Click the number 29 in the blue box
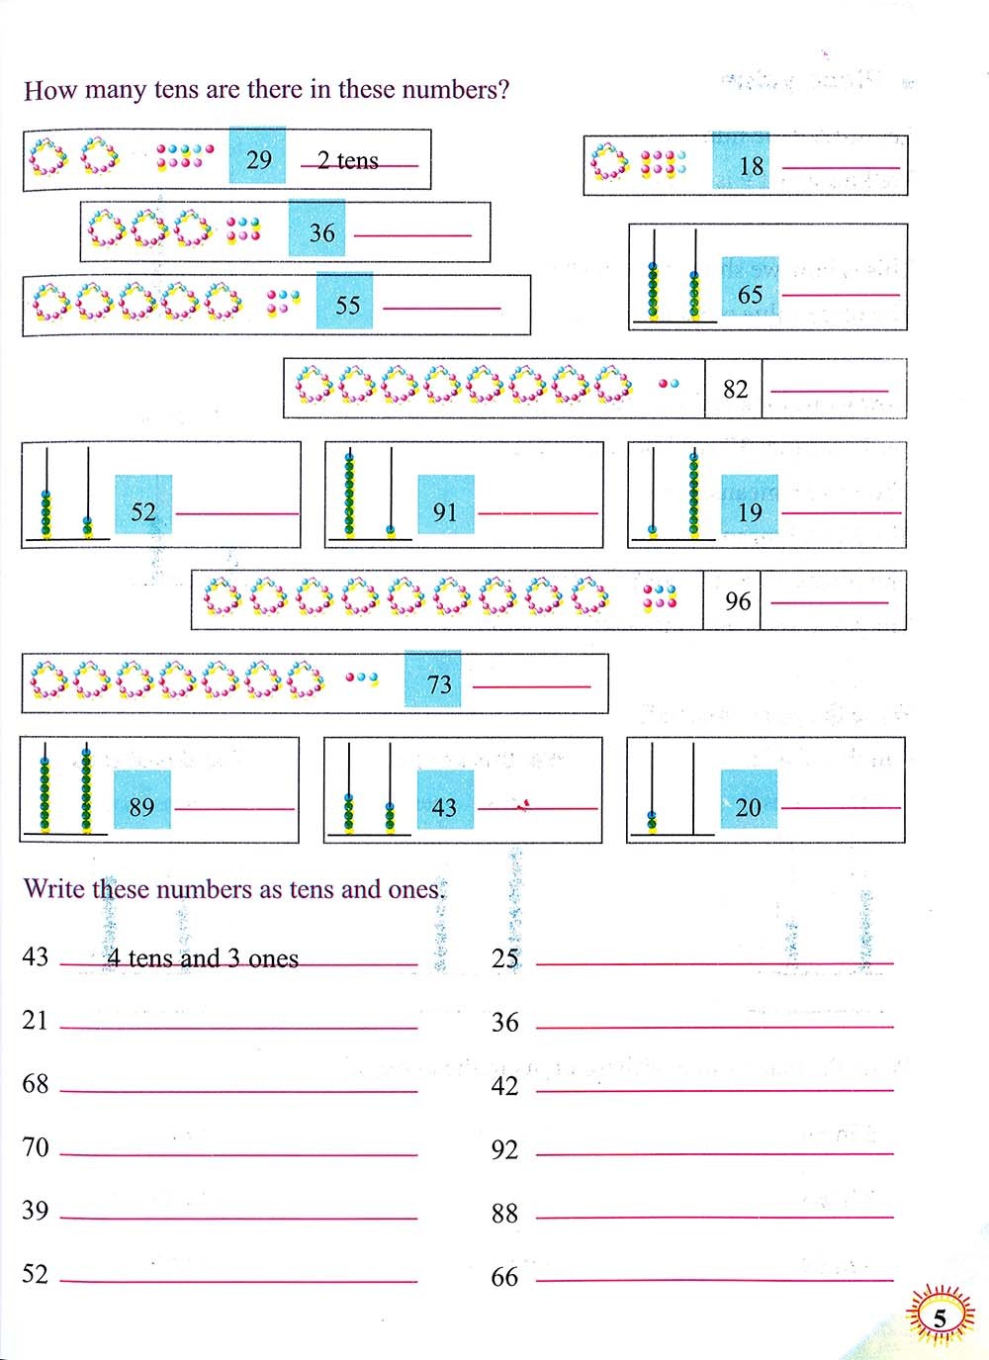point(258,159)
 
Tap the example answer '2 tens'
point(348,161)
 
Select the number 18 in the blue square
point(751,165)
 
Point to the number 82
point(735,390)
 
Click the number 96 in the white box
point(737,601)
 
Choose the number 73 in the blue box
point(439,683)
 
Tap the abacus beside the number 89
point(65,788)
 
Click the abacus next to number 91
point(369,495)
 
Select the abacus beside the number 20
point(672,790)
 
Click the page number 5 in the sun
point(940,1317)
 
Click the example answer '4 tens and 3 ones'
point(203,958)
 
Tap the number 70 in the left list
point(36,1147)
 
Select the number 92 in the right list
point(504,1150)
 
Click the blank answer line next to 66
point(714,1280)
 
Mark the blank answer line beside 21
point(238,1028)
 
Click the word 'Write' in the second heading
point(54,889)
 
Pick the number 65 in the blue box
point(750,295)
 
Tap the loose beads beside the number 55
point(283,302)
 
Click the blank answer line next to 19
point(841,512)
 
